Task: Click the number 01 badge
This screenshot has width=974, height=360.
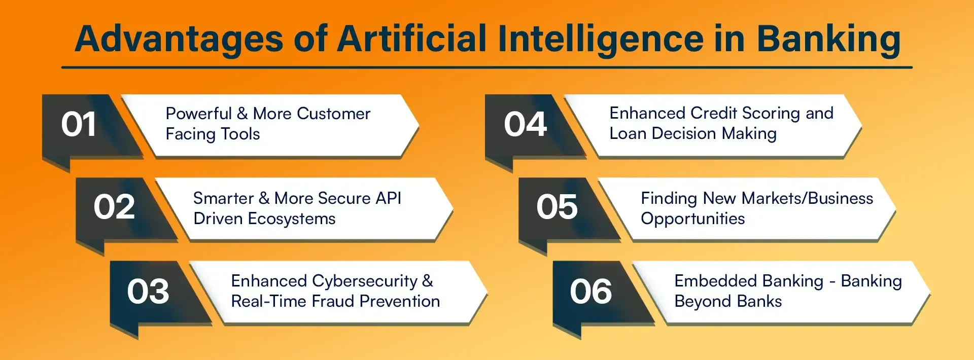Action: pos(79,125)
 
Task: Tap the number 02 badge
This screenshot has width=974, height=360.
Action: pos(114,207)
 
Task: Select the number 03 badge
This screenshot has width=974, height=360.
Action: pos(148,292)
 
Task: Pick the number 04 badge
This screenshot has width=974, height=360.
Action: pos(525,125)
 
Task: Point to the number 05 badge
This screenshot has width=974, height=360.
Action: pos(557,207)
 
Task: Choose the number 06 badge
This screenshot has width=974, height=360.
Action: pos(591,292)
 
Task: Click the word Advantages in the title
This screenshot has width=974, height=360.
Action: pos(179,40)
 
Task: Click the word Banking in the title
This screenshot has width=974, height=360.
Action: pos(828,40)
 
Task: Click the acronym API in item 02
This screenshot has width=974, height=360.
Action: pos(389,198)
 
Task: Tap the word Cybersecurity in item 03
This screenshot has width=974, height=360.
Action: pos(365,281)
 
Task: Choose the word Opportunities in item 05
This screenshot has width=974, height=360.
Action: pos(692,219)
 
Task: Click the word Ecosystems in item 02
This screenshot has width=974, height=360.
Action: pos(292,219)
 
